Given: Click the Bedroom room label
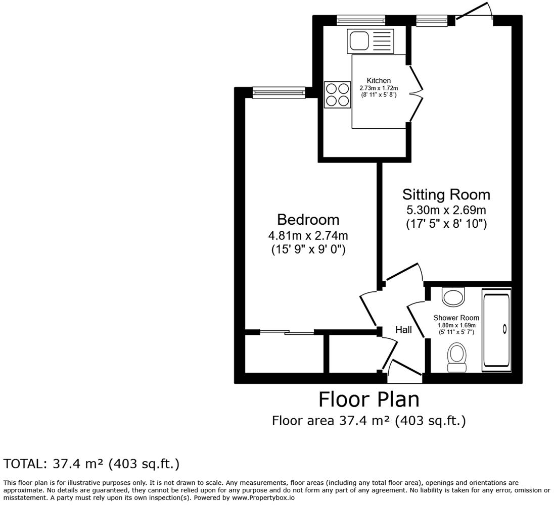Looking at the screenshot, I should pos(308,220).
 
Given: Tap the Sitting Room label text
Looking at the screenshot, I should pos(446,194).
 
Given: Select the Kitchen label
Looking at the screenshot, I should pos(379,81).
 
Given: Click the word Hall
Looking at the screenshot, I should pos(403,330).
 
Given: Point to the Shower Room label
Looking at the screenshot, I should pos(456,318).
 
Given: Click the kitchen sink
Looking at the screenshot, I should pos(370,41).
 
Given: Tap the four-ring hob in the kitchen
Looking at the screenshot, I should pos(338,94).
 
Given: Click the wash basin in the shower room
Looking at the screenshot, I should pos(453,297).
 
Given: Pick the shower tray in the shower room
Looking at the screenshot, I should pos(496,330).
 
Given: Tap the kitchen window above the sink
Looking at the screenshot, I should pos(361,20).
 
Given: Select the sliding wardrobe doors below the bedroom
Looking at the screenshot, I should pos(287,332).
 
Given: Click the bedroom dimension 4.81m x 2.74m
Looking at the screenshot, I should pos(308,235).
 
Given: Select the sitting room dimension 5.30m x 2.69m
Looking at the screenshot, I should pos(446,210).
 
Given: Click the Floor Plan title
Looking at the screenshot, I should pos(368,399).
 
